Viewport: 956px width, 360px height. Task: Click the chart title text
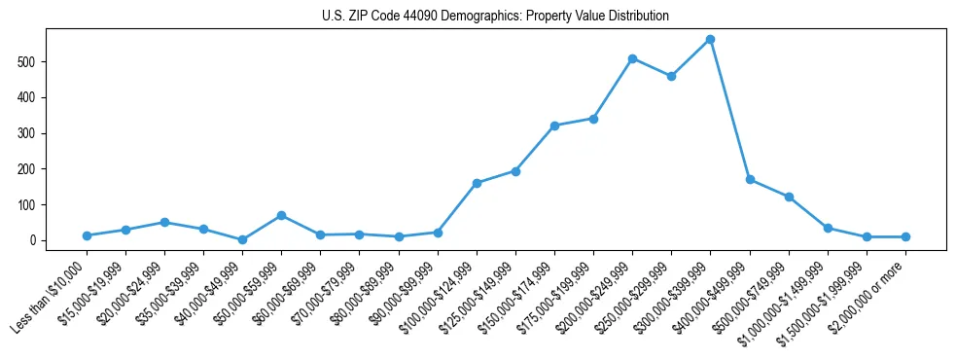pos(495,17)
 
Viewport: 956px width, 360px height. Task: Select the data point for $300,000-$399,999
pos(711,39)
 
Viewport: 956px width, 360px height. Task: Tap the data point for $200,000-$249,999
pos(632,58)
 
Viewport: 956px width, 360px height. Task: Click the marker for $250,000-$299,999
pos(671,76)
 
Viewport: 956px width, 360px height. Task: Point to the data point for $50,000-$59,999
pos(281,215)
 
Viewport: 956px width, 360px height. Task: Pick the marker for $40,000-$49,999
pos(242,239)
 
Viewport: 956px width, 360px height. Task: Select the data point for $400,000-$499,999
pos(750,179)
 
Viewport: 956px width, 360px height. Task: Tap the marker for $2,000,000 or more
pos(905,236)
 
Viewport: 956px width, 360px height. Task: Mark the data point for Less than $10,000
pos(87,235)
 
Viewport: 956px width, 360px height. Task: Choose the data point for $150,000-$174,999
pos(554,126)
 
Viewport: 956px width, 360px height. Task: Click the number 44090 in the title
pos(415,17)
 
